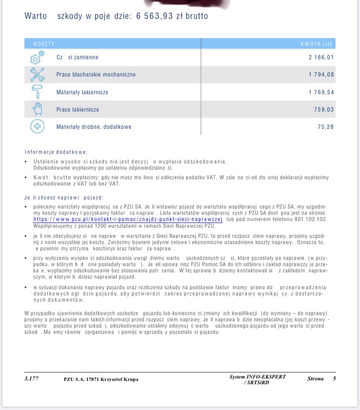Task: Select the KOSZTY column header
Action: click(44, 44)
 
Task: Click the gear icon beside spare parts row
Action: click(37, 58)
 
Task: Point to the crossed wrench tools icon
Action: click(37, 74)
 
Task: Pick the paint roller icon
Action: click(37, 92)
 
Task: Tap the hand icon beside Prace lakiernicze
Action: click(37, 109)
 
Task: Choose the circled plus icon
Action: click(37, 127)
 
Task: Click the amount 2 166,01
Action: click(321, 58)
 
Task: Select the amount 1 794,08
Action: click(321, 75)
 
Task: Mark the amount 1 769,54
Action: click(321, 92)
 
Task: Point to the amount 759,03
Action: click(324, 109)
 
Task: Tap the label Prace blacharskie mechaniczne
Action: click(96, 75)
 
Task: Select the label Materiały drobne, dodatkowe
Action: click(94, 127)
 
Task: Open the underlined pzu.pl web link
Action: click(128, 219)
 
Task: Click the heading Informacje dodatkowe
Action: click(53, 152)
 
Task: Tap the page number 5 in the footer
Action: click(334, 379)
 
